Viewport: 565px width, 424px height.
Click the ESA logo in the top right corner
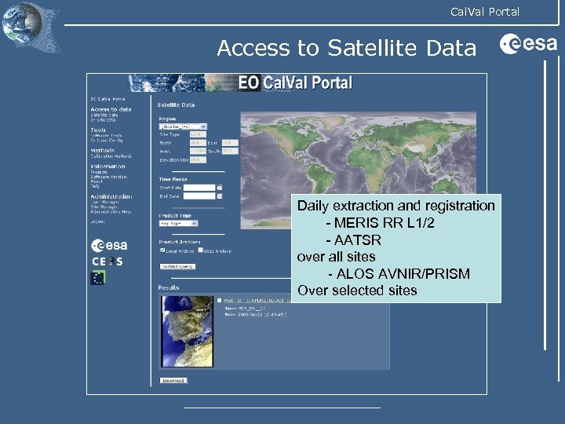(528, 45)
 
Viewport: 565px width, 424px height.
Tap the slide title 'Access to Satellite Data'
(346, 49)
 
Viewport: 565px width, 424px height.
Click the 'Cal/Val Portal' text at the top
(484, 11)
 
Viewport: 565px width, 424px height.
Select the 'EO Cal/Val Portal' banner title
(296, 83)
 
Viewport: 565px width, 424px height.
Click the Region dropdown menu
(182, 126)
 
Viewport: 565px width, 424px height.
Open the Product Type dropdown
(178, 222)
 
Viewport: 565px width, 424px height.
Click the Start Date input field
(199, 188)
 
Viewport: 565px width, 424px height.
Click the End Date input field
(199, 196)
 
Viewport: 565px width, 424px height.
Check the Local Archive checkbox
(162, 250)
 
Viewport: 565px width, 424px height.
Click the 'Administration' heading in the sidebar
(111, 196)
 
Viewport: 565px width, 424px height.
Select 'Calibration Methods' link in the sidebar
(111, 156)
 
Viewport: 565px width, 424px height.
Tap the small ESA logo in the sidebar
(109, 245)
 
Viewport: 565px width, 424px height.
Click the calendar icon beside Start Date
(220, 188)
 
